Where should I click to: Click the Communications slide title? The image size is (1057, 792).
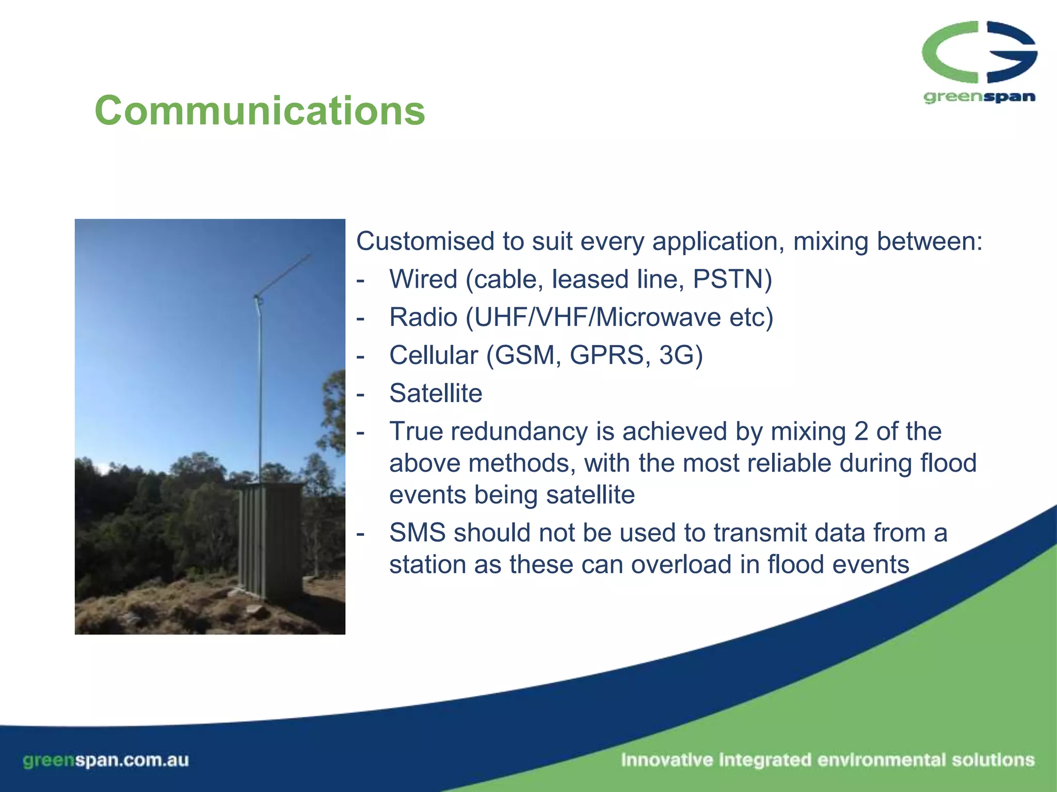[260, 110]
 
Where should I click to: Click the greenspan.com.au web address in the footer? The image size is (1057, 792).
[106, 760]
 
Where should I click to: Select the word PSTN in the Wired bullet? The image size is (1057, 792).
[728, 279]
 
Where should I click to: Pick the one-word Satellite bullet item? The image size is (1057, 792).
[436, 393]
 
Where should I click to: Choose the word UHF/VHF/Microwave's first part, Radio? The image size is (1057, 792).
[423, 317]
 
